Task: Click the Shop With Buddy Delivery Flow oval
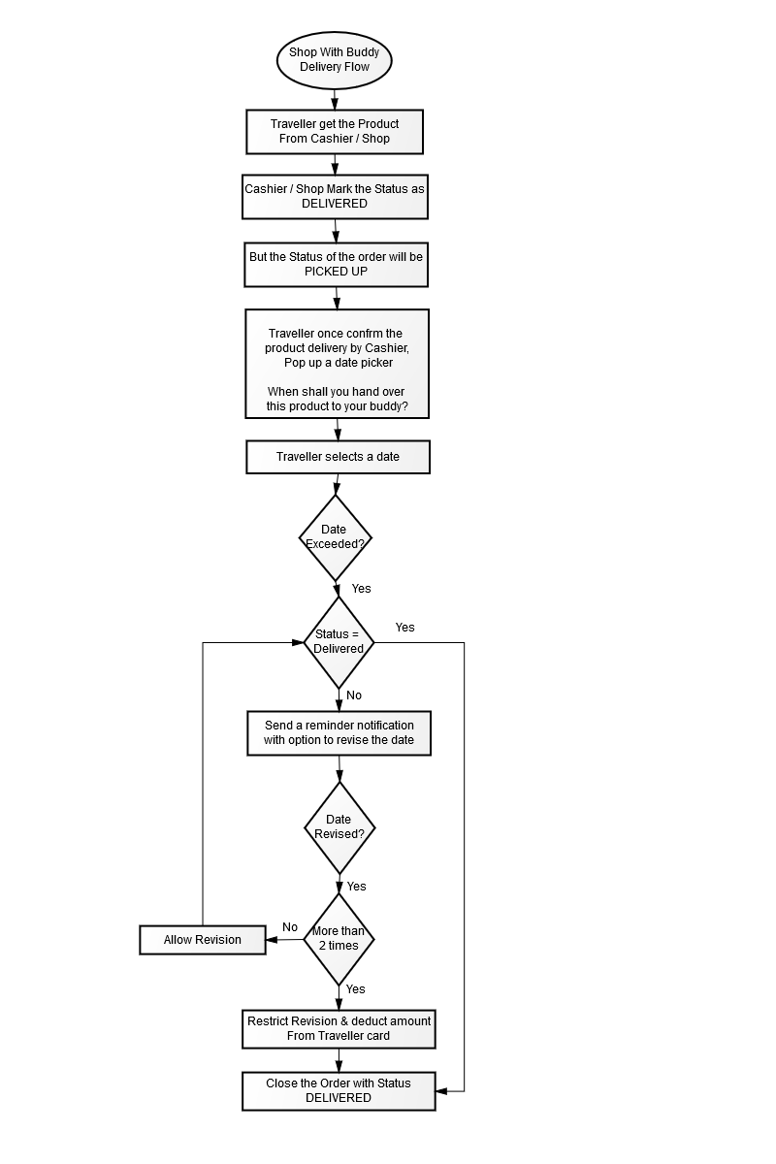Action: [x=334, y=60]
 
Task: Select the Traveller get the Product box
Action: [x=335, y=132]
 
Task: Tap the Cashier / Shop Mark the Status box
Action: [x=335, y=196]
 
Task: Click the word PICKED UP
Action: [x=336, y=272]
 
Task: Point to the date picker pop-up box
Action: [x=337, y=364]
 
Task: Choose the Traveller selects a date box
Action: [x=338, y=457]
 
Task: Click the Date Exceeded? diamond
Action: [x=336, y=537]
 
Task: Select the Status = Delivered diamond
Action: [x=339, y=642]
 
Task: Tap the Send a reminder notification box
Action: [x=339, y=732]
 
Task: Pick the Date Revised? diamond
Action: [x=339, y=827]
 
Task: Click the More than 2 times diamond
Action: [x=339, y=939]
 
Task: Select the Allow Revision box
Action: [x=203, y=940]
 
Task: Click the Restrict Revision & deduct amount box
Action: [x=339, y=1029]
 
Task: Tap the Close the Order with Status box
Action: [x=339, y=1090]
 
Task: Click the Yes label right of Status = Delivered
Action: [x=404, y=628]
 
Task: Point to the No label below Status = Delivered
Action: [x=354, y=695]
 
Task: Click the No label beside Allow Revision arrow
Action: [x=290, y=927]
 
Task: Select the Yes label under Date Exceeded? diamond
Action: [x=361, y=588]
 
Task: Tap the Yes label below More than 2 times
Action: [x=356, y=988]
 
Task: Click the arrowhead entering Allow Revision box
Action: [x=272, y=940]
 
